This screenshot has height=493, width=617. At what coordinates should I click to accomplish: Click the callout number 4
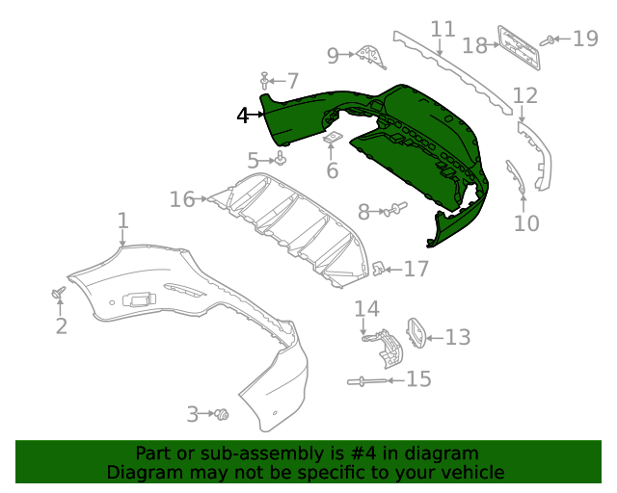pos(243,116)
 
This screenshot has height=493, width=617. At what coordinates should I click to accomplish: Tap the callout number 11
pos(443,30)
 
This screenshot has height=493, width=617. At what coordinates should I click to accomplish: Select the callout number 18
pos(474,45)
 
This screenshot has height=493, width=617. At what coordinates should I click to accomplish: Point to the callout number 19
pos(585,39)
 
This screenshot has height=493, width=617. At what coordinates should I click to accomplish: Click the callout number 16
pos(182,199)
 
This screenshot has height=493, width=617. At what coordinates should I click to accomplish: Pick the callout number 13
pos(457,337)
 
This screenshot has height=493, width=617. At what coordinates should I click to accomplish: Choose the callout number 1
pos(122,222)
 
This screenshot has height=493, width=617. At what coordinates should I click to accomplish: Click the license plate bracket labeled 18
pos(519,46)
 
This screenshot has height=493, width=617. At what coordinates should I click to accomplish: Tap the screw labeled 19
pos(549,40)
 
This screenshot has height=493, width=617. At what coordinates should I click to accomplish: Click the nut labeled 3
pos(224,415)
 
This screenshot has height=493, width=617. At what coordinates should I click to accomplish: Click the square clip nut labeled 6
pos(331,140)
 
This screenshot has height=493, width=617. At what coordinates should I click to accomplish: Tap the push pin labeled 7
pos(264,81)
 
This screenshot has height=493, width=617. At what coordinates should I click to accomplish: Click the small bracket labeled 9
pos(369,57)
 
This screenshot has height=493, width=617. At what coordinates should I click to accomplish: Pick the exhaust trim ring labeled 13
pos(416,332)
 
